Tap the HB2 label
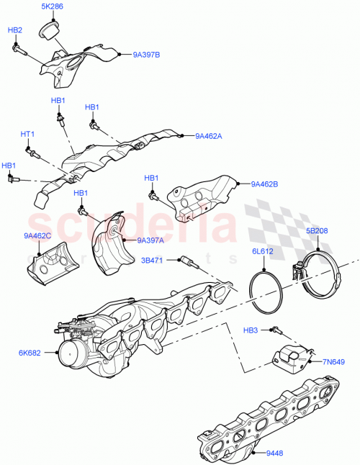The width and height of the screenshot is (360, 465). click(x=15, y=31)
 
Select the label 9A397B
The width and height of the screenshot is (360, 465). click(x=146, y=54)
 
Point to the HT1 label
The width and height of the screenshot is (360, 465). click(x=27, y=135)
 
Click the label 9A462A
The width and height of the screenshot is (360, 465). click(x=209, y=135)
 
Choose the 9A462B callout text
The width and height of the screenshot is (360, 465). click(x=264, y=184)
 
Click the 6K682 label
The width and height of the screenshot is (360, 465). click(x=30, y=353)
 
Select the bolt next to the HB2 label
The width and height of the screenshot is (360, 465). click(x=18, y=49)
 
